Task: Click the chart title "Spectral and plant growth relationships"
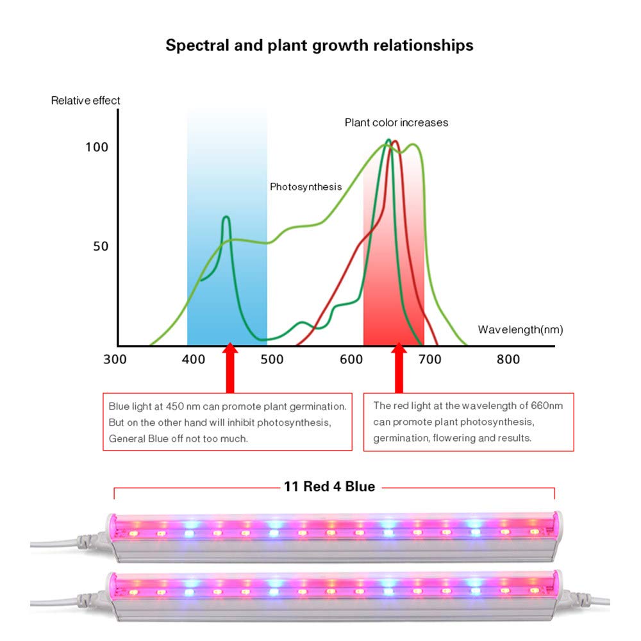pyautogui.click(x=319, y=46)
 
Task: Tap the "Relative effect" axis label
pyautogui.click(x=86, y=101)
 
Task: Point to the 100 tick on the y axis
pyautogui.click(x=97, y=147)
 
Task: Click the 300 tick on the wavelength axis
pyautogui.click(x=115, y=360)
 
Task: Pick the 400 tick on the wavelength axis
pyautogui.click(x=194, y=360)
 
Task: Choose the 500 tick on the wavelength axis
pyautogui.click(x=272, y=360)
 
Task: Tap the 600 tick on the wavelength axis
pyautogui.click(x=351, y=360)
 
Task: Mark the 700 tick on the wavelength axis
pyautogui.click(x=429, y=360)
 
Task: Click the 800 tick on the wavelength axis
pyautogui.click(x=508, y=360)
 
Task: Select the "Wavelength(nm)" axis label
pyautogui.click(x=520, y=329)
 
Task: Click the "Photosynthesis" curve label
pyautogui.click(x=306, y=187)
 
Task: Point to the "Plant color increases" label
pyautogui.click(x=397, y=122)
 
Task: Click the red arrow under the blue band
pyautogui.click(x=230, y=369)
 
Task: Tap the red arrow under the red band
pyautogui.click(x=399, y=369)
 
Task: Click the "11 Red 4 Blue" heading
pyautogui.click(x=329, y=487)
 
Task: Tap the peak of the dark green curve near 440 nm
pyautogui.click(x=226, y=217)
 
